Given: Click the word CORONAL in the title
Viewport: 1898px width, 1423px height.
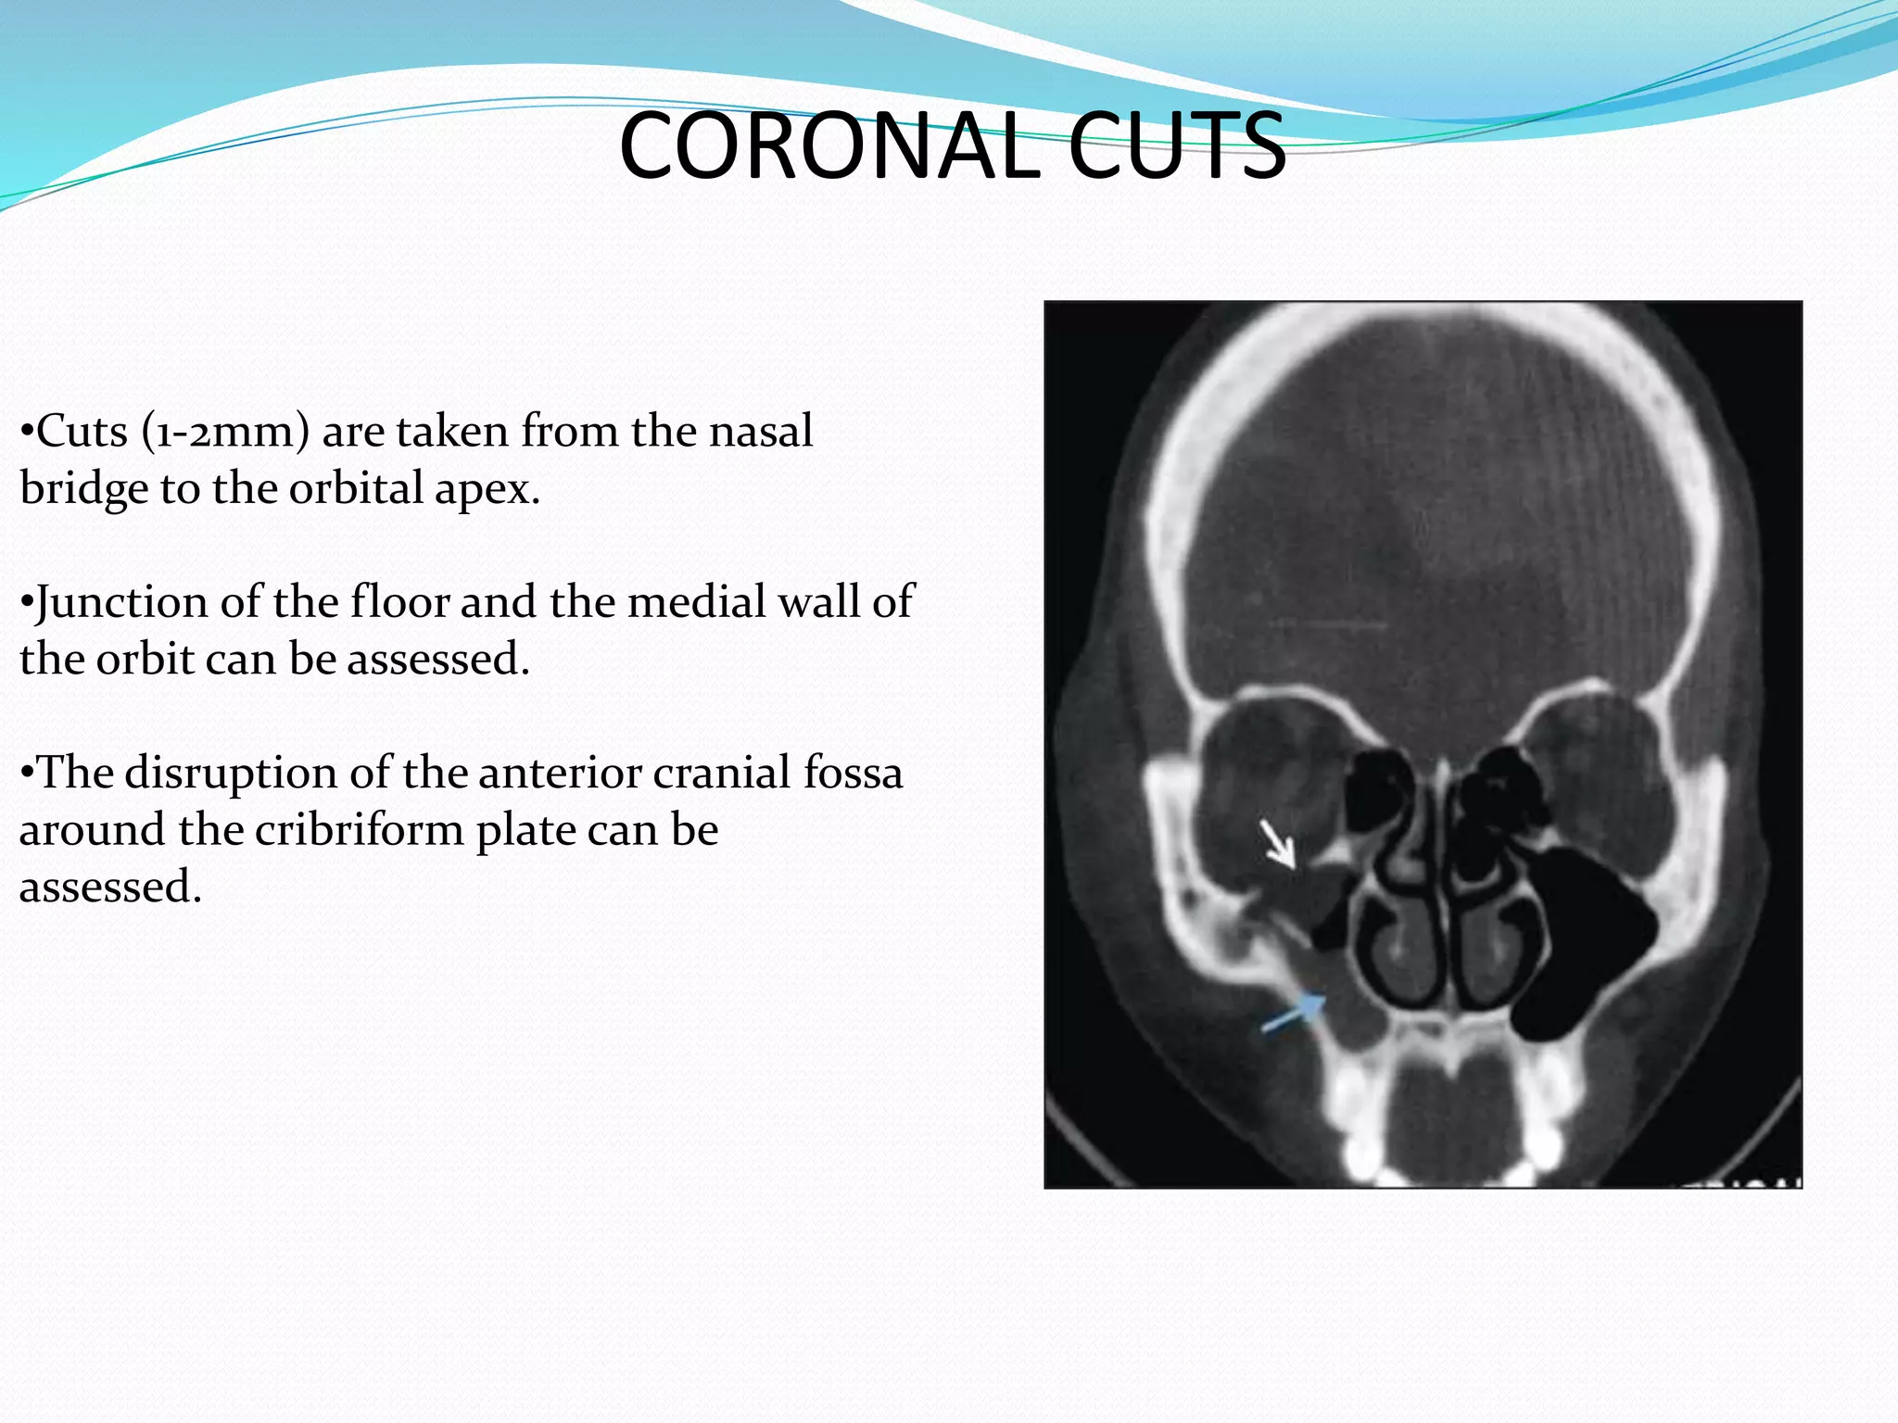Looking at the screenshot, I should click(829, 146).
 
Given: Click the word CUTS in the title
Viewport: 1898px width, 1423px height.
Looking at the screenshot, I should click(1177, 146).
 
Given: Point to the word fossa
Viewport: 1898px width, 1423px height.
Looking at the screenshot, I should click(853, 773).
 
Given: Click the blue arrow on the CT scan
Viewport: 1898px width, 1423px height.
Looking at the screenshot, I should click(1294, 1012).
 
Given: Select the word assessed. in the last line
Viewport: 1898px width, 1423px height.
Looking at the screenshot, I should click(110, 888).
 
